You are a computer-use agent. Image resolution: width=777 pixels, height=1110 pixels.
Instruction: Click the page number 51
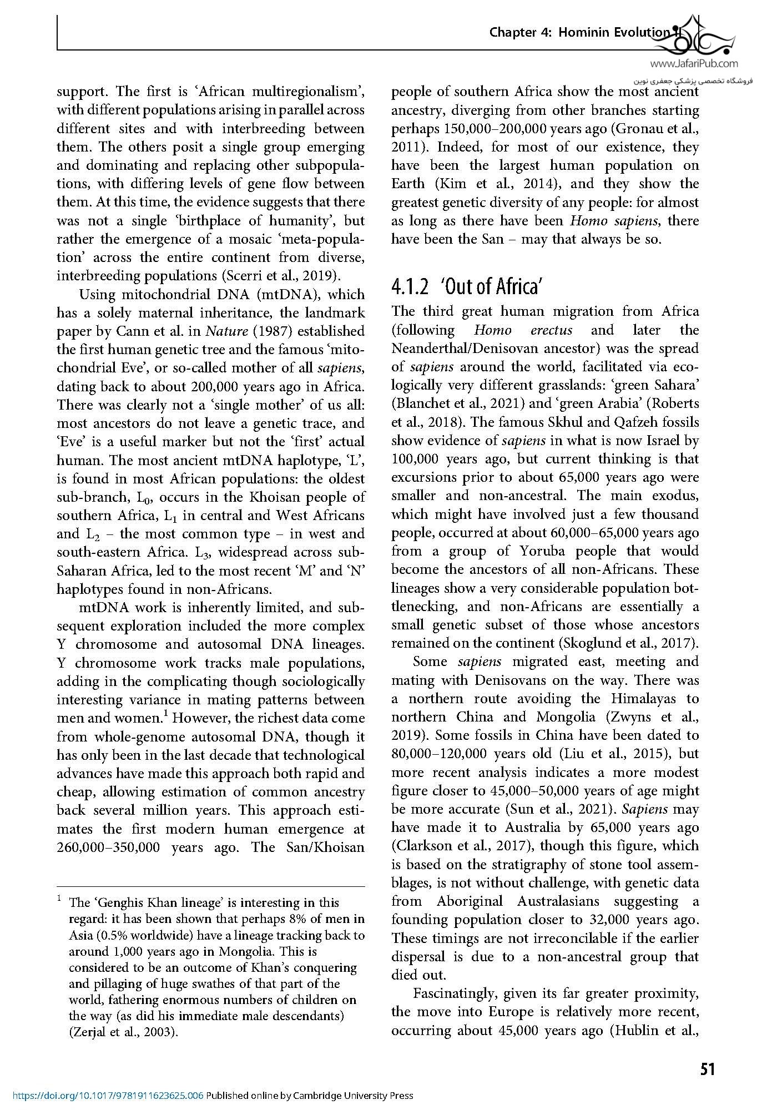707,1068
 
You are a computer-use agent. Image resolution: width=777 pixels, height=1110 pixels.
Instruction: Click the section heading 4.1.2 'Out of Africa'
466,287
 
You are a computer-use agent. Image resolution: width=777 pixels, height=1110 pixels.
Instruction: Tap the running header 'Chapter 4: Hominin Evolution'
579,33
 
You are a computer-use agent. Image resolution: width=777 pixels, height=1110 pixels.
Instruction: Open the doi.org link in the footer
103,1096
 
